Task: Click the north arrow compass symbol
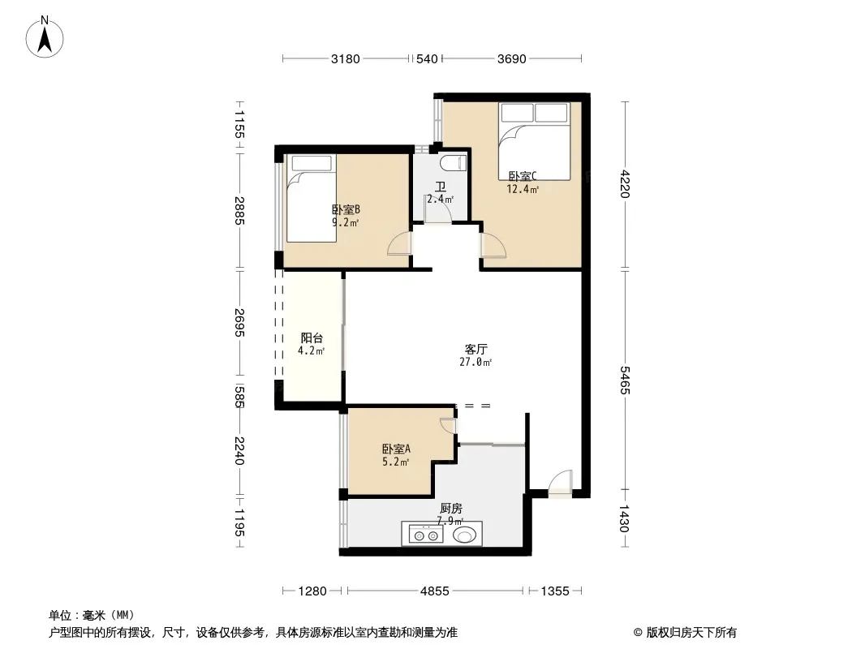(45, 37)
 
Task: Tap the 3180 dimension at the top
(346, 59)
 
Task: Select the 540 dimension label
(427, 59)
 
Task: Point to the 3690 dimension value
(512, 59)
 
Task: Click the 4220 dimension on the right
(625, 183)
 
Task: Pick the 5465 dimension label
(625, 380)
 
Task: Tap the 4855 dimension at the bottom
(435, 591)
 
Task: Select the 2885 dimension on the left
(239, 211)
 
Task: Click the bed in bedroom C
(534, 141)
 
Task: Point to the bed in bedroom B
(311, 198)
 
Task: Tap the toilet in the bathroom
(454, 163)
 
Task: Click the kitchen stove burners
(426, 535)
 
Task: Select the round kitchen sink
(464, 535)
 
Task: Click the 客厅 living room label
(476, 349)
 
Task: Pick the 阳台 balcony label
(312, 338)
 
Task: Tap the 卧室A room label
(396, 449)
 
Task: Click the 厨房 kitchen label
(451, 509)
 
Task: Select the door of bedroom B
(399, 243)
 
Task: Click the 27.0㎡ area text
(476, 363)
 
